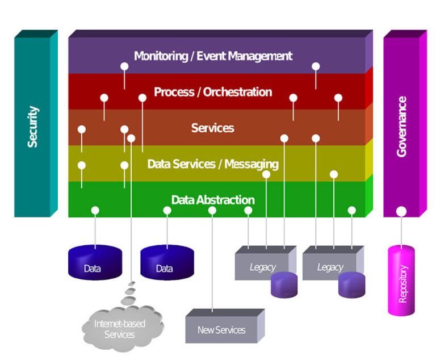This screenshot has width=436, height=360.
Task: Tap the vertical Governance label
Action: click(402, 127)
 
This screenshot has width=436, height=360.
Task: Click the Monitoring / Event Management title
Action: click(213, 56)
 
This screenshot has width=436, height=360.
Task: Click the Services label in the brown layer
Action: click(212, 128)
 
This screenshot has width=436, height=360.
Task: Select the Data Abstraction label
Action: click(212, 200)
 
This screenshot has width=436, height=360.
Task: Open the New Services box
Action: click(221, 329)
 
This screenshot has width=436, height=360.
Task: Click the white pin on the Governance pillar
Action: click(401, 211)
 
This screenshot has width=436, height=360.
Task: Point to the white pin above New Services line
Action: click(212, 211)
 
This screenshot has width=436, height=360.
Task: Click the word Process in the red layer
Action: click(174, 92)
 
